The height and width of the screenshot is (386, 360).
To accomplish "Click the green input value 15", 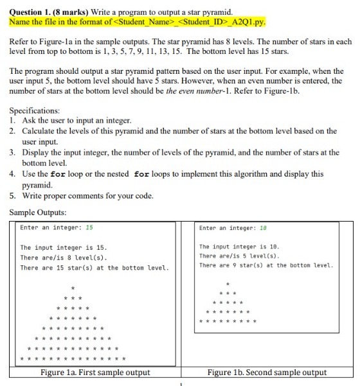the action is click(89, 227).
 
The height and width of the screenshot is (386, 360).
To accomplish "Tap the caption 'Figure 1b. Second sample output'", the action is click(267, 373).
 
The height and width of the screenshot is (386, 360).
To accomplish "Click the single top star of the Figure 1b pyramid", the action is click(228, 283).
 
